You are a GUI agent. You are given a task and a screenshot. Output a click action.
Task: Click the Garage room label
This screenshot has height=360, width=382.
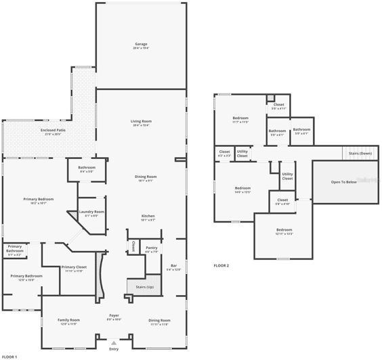pos(141,45)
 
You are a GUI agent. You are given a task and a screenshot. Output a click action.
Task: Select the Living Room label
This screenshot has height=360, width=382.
pos(141,122)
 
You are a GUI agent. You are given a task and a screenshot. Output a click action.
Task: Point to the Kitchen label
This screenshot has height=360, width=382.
pos(148,217)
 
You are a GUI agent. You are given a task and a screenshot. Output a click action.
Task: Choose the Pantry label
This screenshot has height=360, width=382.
pos(152,248)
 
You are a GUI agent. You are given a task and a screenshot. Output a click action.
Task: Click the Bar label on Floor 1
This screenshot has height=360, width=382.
pos(174,267)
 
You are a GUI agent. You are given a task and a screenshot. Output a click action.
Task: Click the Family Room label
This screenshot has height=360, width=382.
pos(68,320)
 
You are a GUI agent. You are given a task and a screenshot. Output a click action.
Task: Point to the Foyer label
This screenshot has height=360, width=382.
pos(114,316)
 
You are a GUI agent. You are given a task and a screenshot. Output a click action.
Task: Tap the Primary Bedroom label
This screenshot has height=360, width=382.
pos(39,200)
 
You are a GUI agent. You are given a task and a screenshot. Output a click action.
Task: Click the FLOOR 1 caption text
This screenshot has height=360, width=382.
pos(9,356)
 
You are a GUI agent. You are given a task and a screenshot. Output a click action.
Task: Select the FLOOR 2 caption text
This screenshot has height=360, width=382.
pos(221,265)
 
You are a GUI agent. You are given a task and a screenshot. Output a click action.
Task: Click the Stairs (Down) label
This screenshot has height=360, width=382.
pos(360,154)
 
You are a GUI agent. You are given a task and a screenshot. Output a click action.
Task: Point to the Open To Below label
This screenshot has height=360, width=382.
pos(344,182)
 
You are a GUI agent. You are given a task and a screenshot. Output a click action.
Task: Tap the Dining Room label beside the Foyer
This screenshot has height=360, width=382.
pos(159,320)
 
